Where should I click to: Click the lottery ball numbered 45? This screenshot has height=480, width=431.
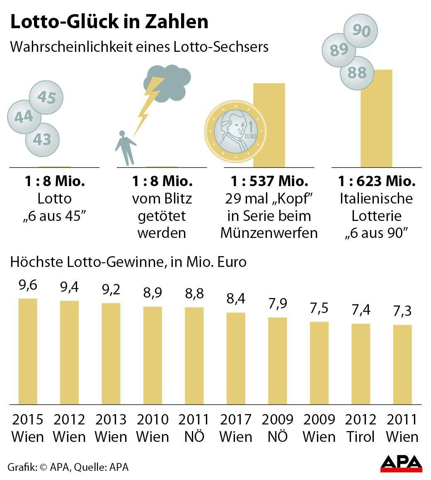point(46,97)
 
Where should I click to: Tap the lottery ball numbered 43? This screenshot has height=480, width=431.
point(41,139)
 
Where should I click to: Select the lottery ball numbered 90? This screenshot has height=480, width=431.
point(361,31)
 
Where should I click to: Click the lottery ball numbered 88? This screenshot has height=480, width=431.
point(357,73)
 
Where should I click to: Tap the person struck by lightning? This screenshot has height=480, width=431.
point(124,147)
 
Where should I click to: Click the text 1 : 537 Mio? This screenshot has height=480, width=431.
point(269,181)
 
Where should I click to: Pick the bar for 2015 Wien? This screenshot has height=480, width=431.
point(28,351)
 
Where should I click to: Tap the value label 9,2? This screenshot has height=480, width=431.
point(111,289)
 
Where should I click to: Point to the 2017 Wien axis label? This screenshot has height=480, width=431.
point(236,428)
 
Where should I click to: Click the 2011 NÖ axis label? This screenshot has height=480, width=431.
point(194,428)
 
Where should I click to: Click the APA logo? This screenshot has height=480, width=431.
point(401,463)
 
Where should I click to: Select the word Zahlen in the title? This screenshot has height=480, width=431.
point(176,22)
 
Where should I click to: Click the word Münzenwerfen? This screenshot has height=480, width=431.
point(269,233)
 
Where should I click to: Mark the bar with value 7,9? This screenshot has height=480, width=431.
point(277,361)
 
